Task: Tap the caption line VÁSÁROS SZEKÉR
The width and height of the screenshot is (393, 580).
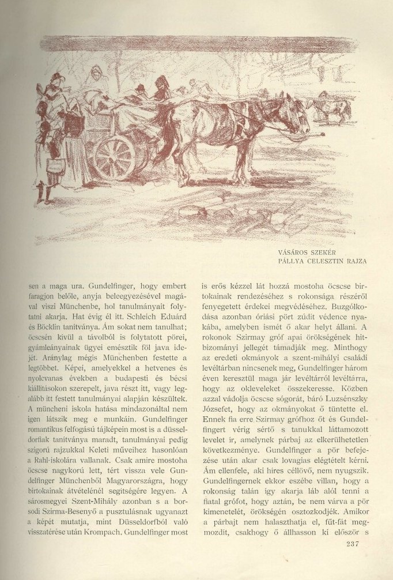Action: (x=305, y=251)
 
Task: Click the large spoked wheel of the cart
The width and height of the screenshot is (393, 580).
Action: (x=114, y=157)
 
